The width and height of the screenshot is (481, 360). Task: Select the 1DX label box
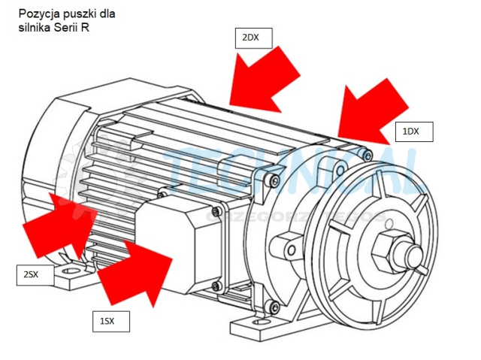click(x=412, y=132)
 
